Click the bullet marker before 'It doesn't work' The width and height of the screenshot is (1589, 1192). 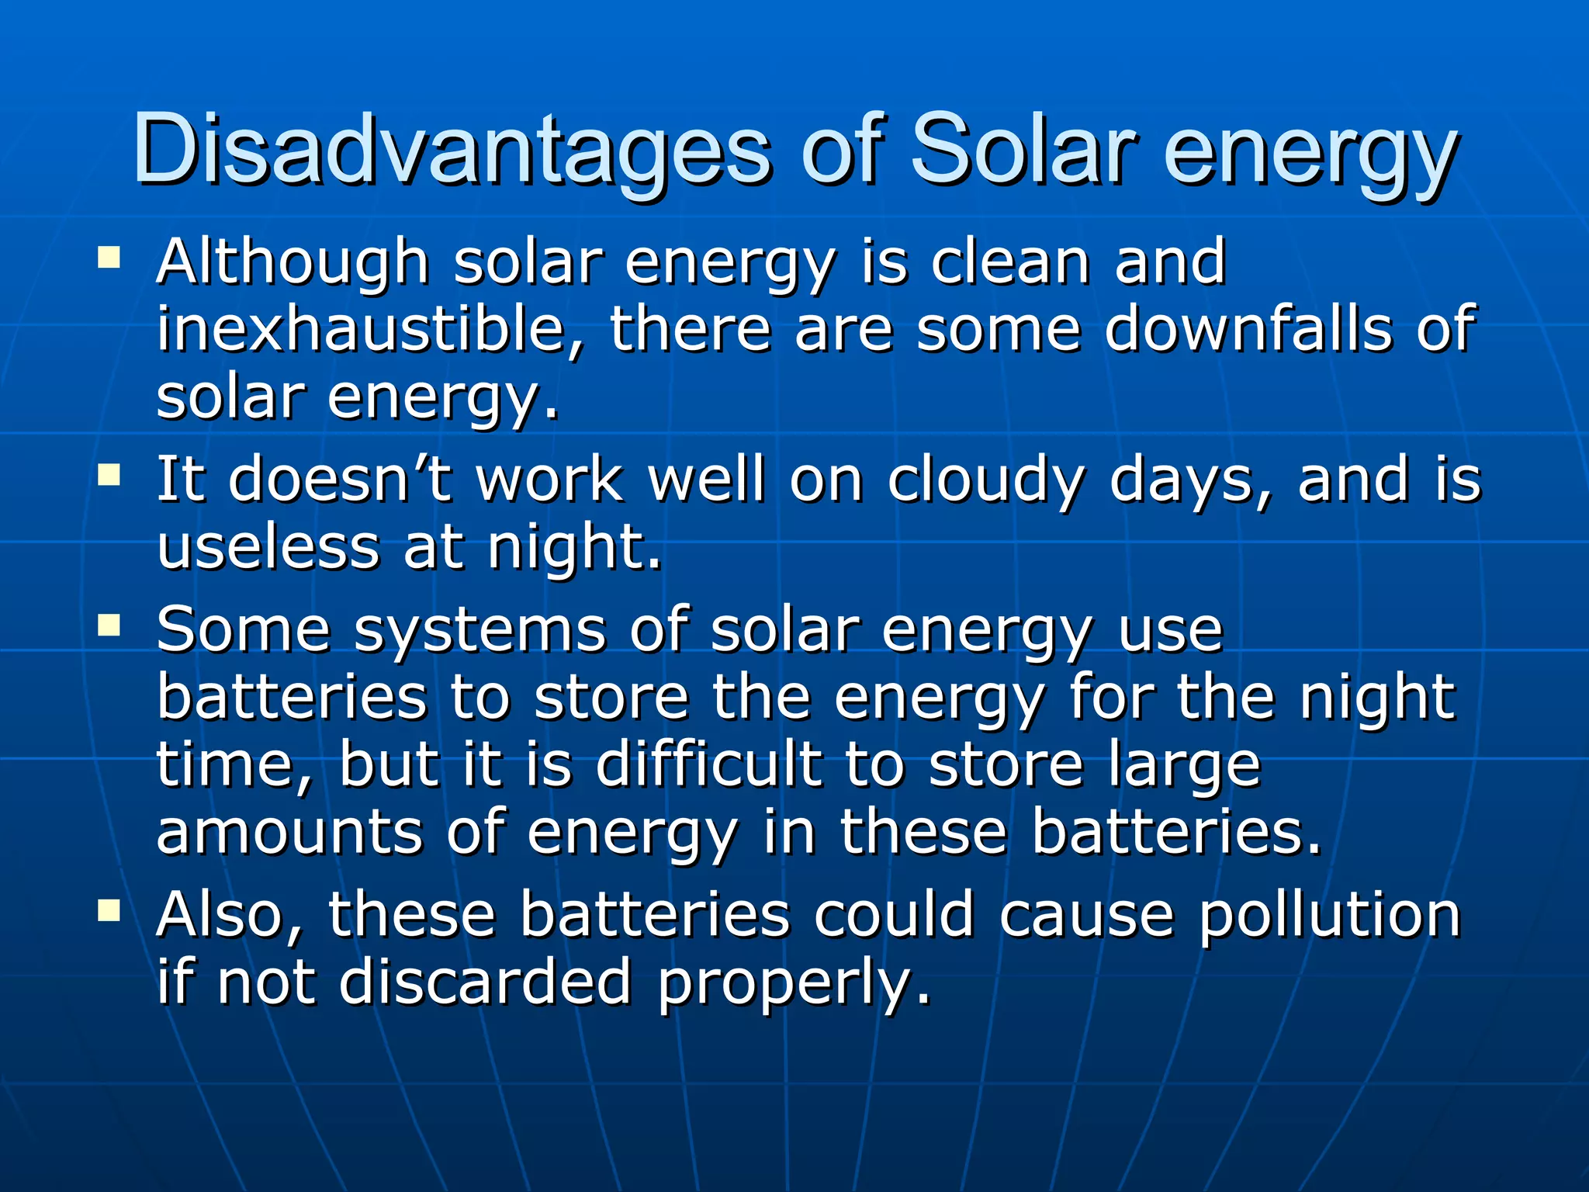109,474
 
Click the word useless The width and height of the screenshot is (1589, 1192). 268,546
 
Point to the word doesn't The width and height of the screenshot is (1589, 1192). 340,479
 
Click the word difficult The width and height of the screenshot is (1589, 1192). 708,764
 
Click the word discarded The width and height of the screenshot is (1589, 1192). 486,982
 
